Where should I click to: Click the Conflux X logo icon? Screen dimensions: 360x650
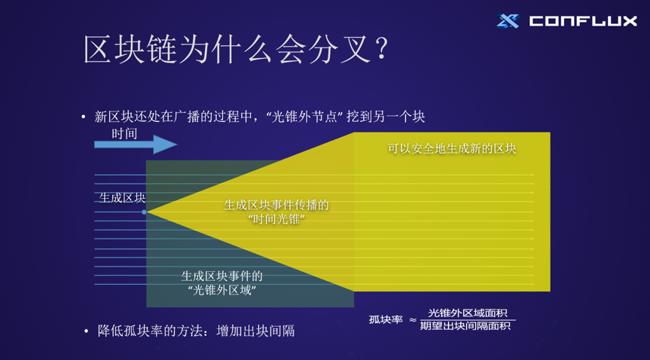508,21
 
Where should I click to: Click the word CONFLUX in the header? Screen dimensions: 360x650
583,21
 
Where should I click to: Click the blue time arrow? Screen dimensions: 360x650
135,144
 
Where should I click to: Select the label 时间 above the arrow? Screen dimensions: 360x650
124,133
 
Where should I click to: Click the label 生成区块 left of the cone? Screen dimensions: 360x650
122,197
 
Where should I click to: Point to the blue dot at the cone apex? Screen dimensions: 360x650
145,212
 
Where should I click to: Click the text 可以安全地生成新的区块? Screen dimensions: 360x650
452,148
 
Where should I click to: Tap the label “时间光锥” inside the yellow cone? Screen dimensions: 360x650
276,218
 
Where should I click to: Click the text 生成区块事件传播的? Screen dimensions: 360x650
276,205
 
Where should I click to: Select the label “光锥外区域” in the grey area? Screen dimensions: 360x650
222,290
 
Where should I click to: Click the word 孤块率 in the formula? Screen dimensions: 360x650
386,320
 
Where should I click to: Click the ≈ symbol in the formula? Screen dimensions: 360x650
413,321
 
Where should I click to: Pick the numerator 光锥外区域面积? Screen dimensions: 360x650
468,313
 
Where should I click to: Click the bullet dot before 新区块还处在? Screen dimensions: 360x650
84,117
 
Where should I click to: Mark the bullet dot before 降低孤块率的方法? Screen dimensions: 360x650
87,331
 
